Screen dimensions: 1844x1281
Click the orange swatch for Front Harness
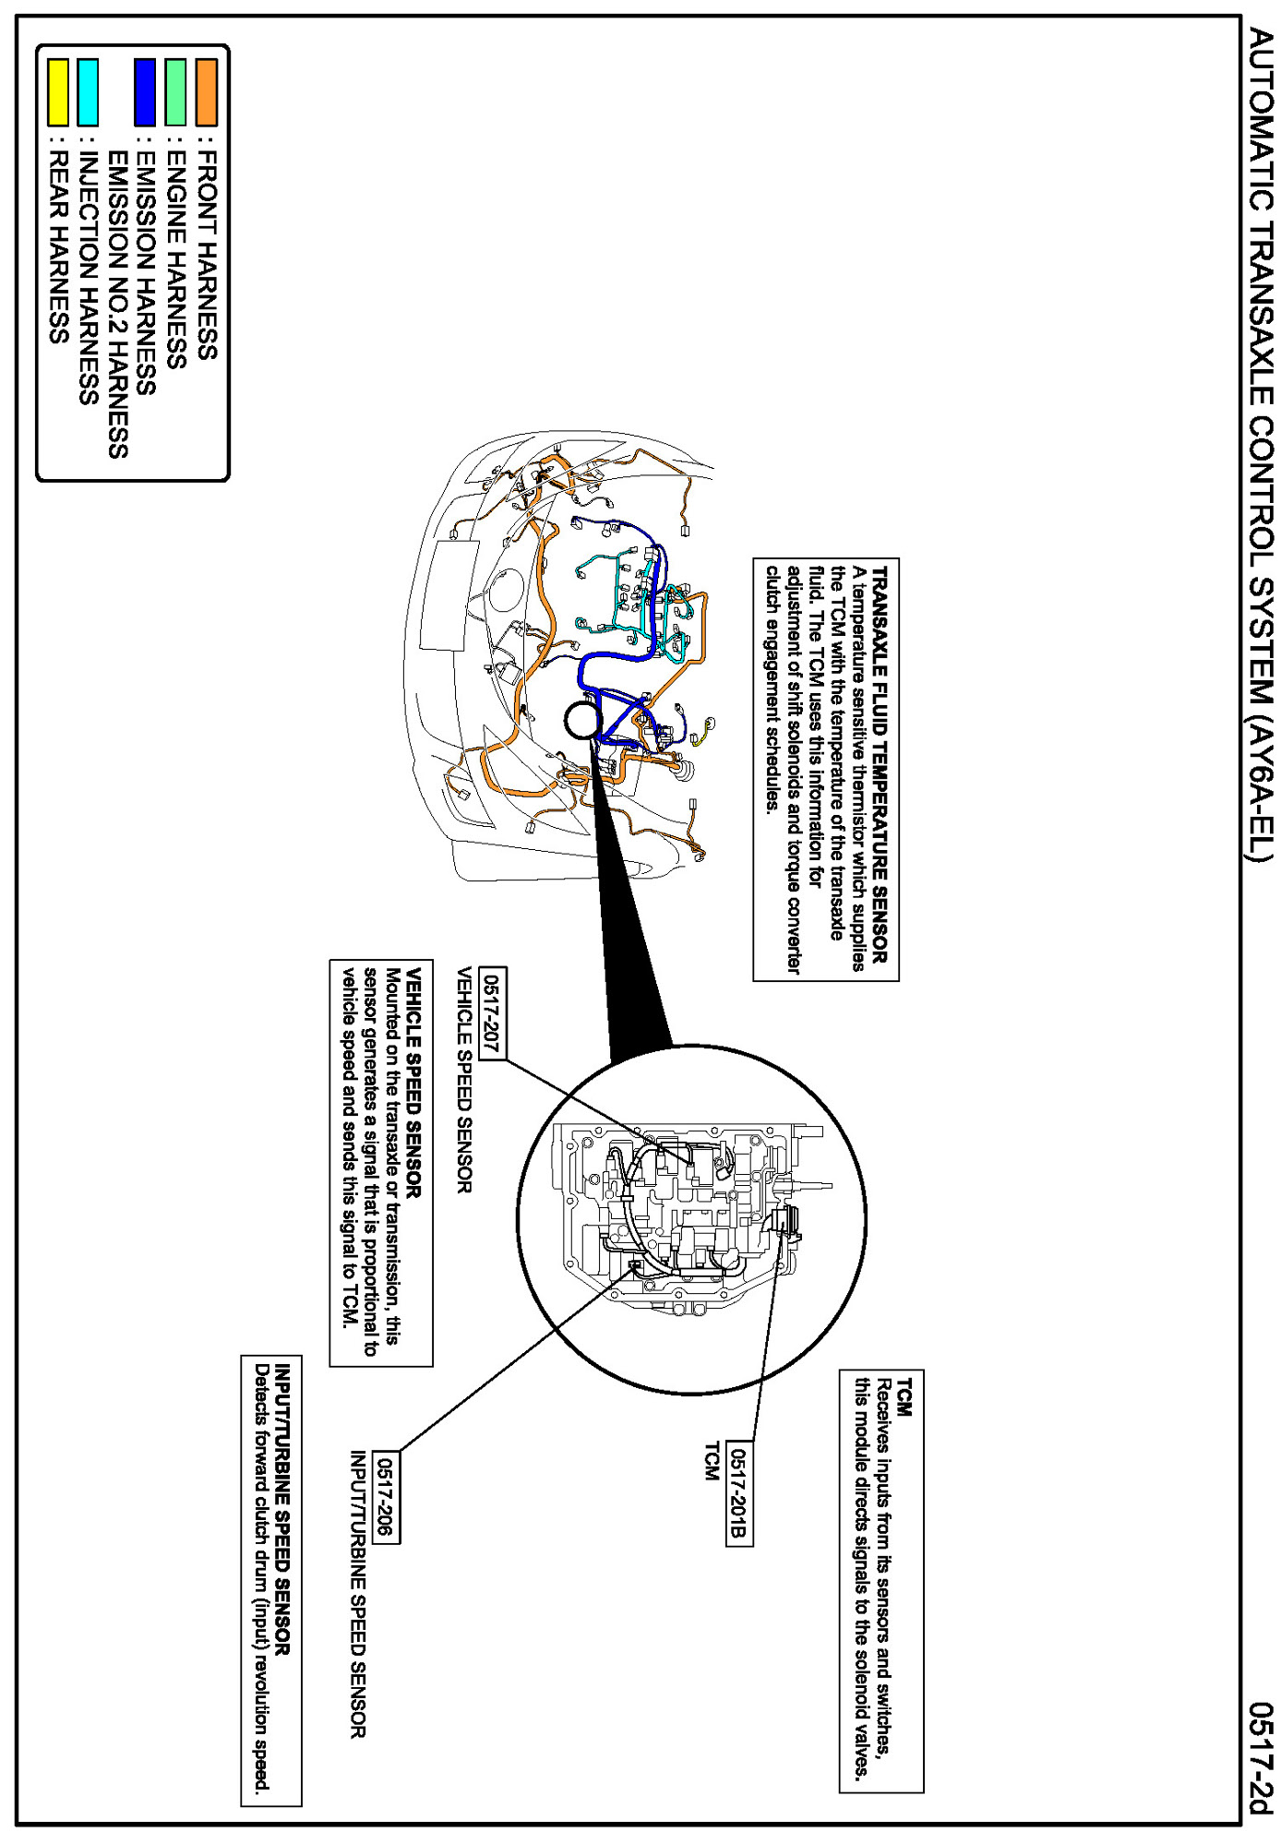point(207,92)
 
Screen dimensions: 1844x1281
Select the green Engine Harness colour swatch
point(176,92)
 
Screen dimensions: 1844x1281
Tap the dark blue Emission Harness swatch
point(145,92)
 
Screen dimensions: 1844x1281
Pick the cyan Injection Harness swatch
point(88,92)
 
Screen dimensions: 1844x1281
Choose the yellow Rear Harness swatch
point(58,92)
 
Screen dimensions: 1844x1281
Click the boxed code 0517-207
point(493,1013)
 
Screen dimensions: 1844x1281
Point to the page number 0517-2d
point(1261,1757)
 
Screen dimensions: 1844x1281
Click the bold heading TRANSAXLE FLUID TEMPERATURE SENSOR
point(880,765)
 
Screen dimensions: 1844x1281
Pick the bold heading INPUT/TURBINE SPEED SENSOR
point(283,1510)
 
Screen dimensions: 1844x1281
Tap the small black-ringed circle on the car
point(582,721)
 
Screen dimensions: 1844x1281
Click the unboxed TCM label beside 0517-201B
point(712,1462)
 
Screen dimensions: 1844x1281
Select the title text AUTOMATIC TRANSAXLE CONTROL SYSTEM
point(1261,443)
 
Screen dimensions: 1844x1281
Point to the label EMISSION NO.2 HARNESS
point(118,305)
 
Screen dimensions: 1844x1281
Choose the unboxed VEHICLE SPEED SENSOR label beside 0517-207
point(464,1080)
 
